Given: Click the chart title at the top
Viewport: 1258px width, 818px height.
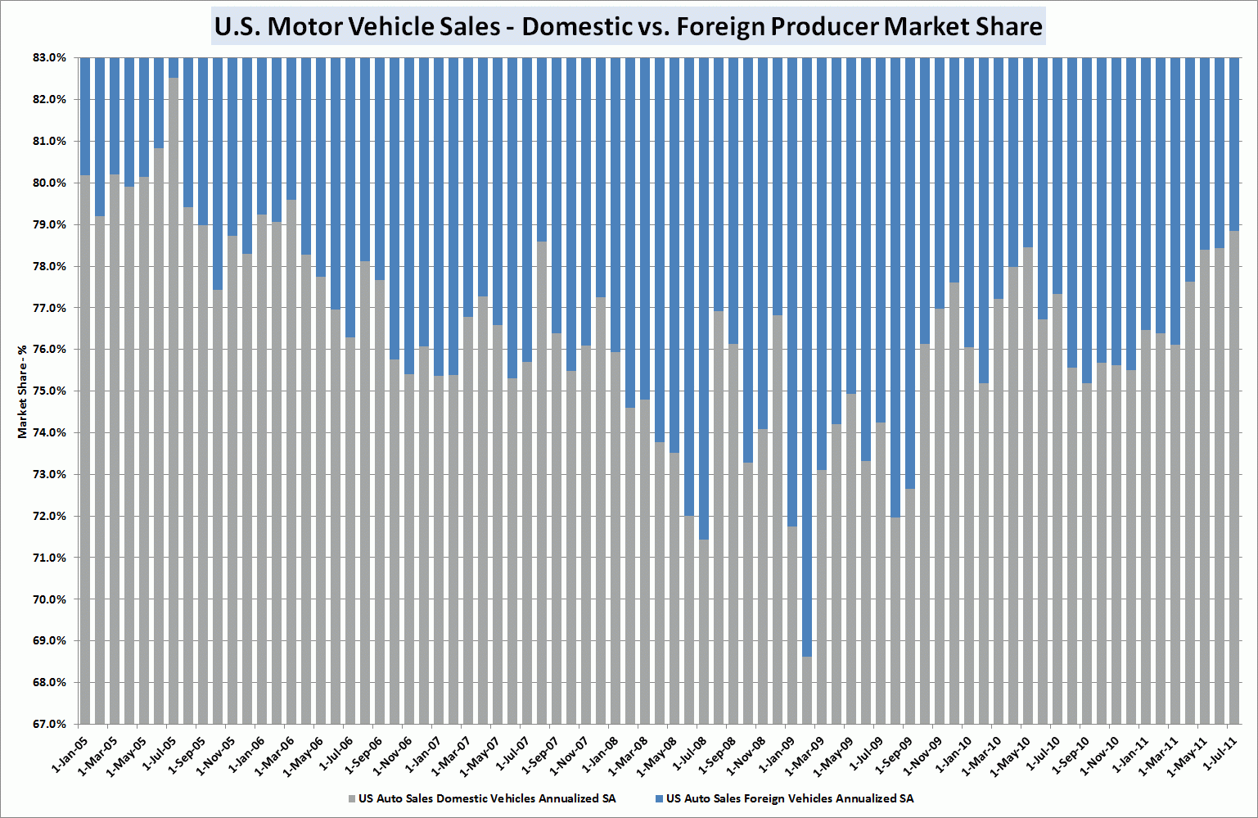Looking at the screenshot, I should tap(628, 26).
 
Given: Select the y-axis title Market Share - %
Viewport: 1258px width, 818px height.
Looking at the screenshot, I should tap(22, 391).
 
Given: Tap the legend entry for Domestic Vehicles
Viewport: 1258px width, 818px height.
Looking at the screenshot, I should tap(486, 798).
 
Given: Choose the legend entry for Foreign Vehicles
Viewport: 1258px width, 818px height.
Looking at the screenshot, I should tap(789, 798).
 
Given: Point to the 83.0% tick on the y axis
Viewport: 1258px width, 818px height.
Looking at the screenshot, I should tap(49, 58).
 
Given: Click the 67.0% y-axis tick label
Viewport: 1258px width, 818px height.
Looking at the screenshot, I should tap(49, 724).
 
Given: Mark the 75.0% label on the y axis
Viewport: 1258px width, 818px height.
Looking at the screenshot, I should tap(49, 391).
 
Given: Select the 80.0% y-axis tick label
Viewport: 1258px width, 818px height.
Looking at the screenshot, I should tap(49, 183).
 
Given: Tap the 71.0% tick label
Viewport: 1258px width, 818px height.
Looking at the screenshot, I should tap(49, 558).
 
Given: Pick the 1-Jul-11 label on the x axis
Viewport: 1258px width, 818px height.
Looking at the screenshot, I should tap(1220, 754).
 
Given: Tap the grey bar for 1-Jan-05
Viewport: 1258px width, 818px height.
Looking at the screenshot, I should tap(84, 450).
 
